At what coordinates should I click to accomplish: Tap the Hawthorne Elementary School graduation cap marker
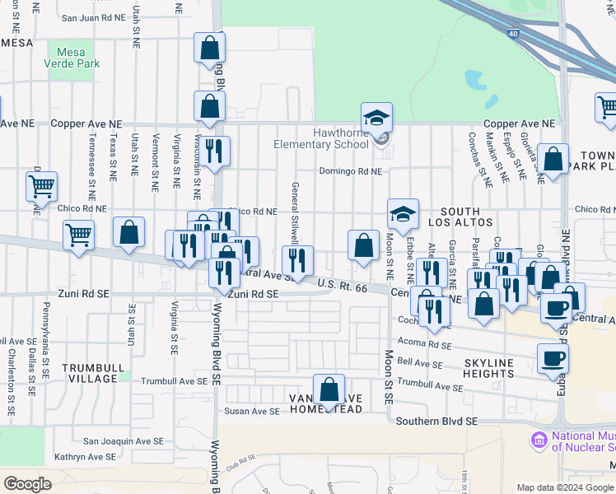[x=376, y=118]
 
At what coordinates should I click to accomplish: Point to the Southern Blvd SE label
[x=436, y=421]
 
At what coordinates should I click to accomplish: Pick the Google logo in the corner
[x=27, y=484]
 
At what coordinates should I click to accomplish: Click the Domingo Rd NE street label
[x=352, y=172]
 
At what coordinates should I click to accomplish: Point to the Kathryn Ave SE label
[x=85, y=456]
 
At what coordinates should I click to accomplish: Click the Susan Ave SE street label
[x=253, y=411]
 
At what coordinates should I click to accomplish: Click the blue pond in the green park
[x=474, y=79]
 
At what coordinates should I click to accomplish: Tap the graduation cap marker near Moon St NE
[x=403, y=214]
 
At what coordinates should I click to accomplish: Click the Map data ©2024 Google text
[x=565, y=487]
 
